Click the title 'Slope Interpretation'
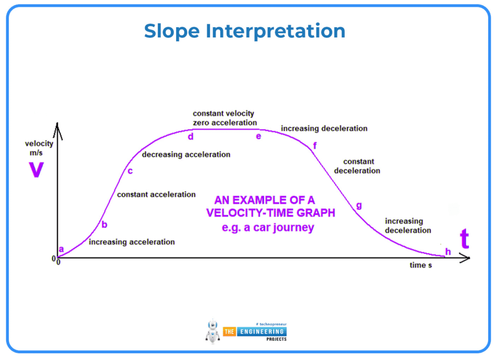click(245, 31)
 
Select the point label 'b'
click(104, 224)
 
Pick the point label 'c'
click(130, 171)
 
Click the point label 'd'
click(191, 137)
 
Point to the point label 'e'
click(259, 137)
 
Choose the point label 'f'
click(315, 145)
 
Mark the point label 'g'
click(359, 205)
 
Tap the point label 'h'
click(448, 251)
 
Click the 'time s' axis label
click(420, 265)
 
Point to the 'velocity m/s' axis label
click(39, 148)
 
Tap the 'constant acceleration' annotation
click(156, 194)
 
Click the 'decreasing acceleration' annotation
click(186, 154)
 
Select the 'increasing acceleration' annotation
click(132, 241)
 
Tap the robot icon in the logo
click(213, 331)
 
